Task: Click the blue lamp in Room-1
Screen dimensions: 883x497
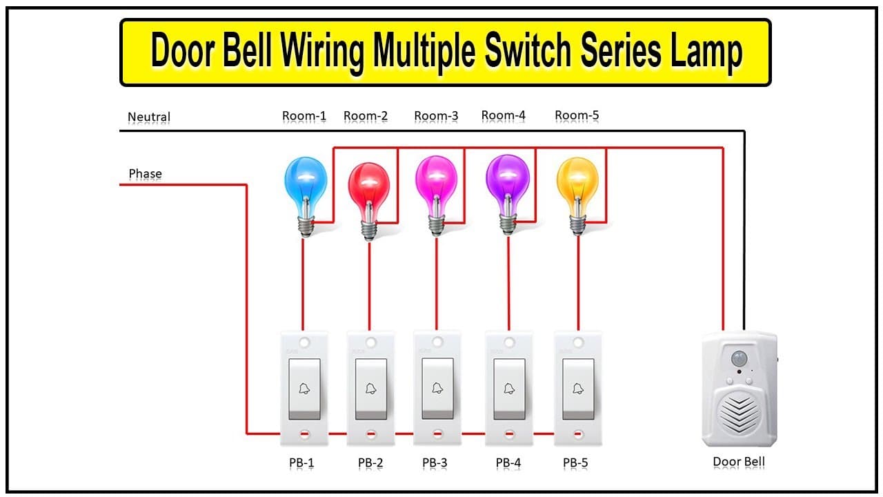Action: [x=306, y=196]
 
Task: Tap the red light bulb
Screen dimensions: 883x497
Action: [x=369, y=201]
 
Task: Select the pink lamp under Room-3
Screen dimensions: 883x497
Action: [x=437, y=195]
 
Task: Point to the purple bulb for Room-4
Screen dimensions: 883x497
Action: [x=508, y=194]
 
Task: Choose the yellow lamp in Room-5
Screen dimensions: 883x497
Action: [x=577, y=196]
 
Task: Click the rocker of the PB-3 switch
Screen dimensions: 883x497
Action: [x=437, y=389]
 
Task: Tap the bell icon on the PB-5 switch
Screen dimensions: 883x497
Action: [x=578, y=389]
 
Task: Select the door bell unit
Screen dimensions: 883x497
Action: [x=740, y=389]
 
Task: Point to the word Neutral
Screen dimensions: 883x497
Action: [x=149, y=117]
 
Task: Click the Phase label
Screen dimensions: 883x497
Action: [x=145, y=173]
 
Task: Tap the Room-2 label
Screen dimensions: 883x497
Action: [x=366, y=115]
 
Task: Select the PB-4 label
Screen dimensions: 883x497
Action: [x=508, y=462]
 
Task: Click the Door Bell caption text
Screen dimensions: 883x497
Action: [x=739, y=462]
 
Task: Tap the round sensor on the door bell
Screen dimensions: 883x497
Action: [x=739, y=358]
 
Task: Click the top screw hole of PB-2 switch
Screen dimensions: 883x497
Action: [x=370, y=342]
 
